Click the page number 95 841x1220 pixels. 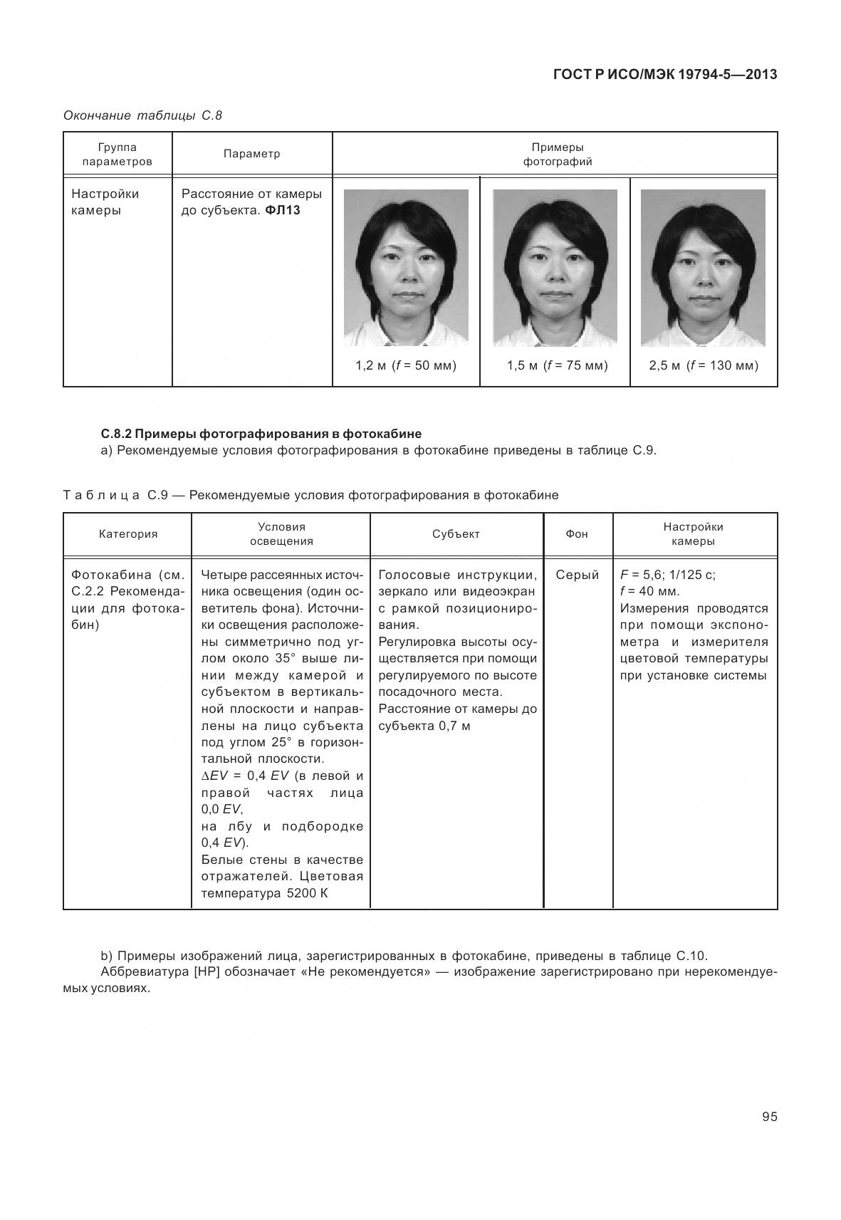point(769,1117)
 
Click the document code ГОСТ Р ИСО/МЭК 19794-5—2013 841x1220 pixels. point(664,75)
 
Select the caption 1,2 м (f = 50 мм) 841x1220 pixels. point(406,366)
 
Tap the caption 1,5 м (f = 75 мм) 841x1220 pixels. point(557,366)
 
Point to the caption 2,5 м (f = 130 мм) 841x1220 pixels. point(704,366)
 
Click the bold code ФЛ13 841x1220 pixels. point(283,211)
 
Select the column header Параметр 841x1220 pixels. point(251,154)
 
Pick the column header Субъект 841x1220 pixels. point(456,534)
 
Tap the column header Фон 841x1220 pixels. point(577,534)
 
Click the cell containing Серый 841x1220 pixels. point(578,575)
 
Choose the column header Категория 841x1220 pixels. point(128,534)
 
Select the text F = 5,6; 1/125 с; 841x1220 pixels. point(668,575)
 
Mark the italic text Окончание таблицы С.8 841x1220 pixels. point(143,115)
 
